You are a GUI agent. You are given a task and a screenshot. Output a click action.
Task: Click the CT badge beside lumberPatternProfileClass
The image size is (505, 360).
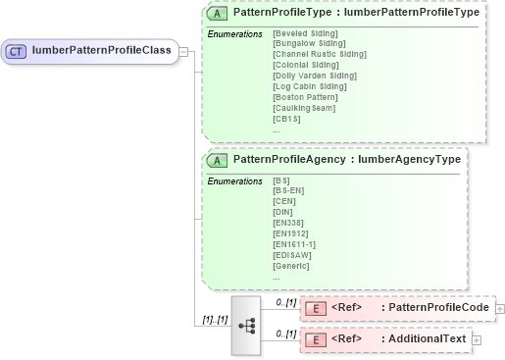18,50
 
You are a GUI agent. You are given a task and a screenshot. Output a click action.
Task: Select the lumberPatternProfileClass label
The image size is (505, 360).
101,50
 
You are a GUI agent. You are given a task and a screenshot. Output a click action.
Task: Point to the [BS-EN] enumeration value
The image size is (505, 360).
289,190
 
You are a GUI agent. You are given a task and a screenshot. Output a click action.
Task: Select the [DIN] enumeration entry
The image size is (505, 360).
283,212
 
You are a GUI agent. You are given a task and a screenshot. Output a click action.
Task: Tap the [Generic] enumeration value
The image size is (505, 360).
291,265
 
